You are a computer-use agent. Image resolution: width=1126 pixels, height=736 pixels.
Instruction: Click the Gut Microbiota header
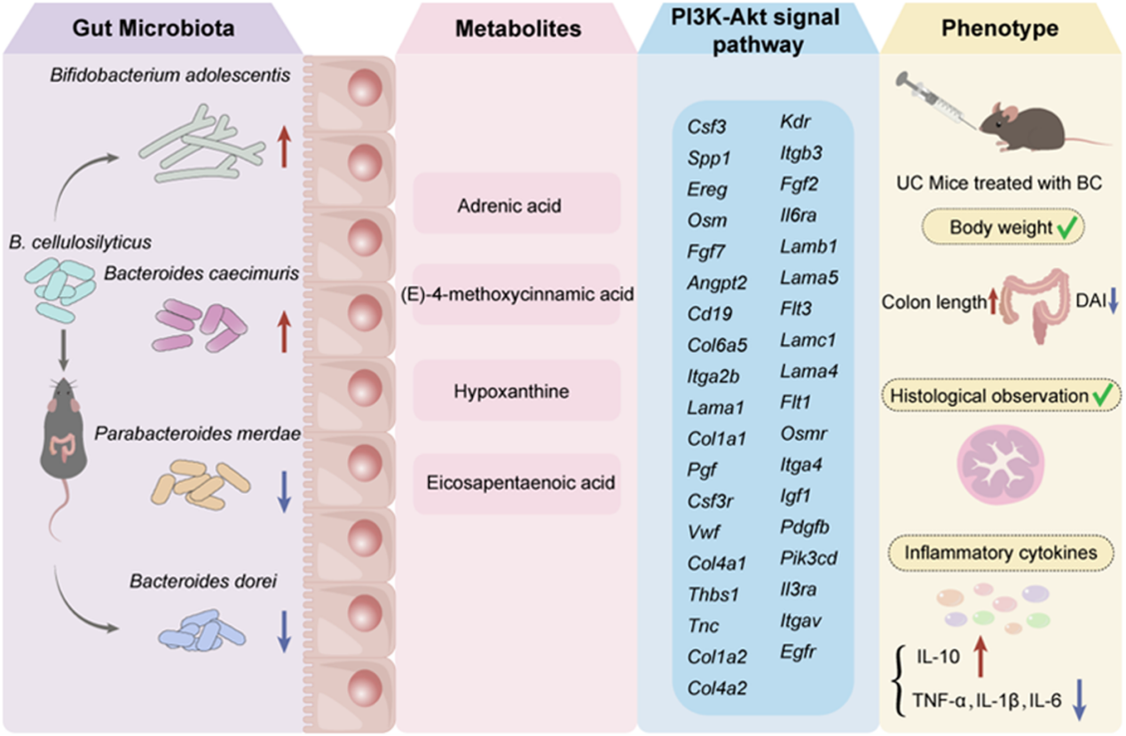[153, 28]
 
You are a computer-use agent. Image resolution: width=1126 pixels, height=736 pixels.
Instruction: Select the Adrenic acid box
[516, 206]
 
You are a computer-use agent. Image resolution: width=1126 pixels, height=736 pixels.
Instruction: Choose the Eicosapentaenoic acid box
[516, 483]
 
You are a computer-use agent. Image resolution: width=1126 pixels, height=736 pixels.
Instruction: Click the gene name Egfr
[798, 653]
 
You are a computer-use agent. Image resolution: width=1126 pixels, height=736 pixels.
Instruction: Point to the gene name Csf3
[707, 126]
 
